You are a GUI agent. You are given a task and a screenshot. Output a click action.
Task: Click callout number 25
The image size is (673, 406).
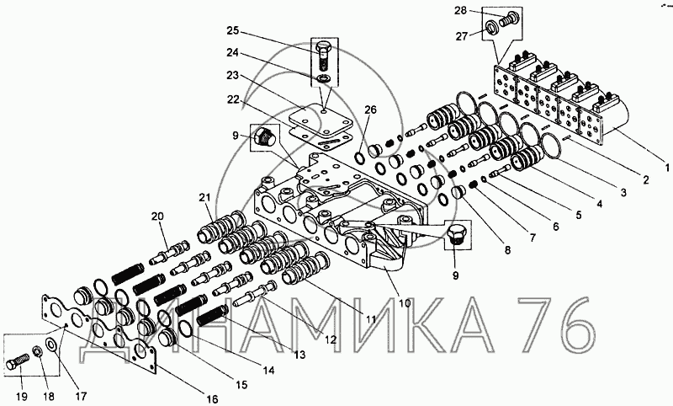[x=233, y=31]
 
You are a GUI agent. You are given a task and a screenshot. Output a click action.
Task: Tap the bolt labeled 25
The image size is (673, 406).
[x=324, y=56]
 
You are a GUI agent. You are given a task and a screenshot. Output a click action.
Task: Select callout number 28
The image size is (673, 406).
[x=460, y=10]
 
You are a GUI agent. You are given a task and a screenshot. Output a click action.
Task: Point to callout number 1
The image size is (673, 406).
[x=667, y=167]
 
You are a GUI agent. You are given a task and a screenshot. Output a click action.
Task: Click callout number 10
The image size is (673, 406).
[x=405, y=303]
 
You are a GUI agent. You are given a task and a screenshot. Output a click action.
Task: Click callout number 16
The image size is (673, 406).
[x=211, y=398]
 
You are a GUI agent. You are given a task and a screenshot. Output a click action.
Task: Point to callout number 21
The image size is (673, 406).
[x=204, y=197]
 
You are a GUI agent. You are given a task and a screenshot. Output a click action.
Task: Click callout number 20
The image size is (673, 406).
[x=157, y=216]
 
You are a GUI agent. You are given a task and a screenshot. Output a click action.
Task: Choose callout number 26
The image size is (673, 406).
[x=370, y=110]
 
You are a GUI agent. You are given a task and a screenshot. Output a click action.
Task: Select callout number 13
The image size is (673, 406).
[x=299, y=355]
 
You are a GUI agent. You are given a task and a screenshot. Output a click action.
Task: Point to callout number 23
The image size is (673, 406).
[x=233, y=76]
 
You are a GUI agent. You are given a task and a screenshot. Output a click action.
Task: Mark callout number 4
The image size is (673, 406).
[x=599, y=204]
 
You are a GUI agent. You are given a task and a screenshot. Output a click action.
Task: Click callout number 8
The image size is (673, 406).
[x=507, y=249]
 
